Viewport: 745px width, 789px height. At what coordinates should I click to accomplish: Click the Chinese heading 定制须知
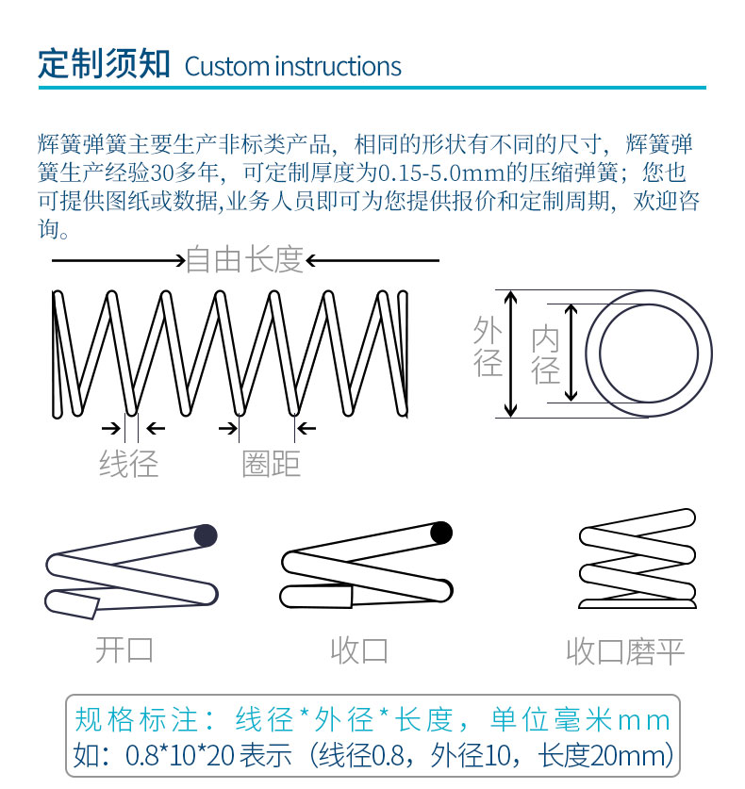click(x=104, y=65)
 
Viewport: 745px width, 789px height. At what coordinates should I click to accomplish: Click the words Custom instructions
click(x=293, y=67)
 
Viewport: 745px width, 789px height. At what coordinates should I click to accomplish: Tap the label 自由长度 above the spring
click(x=245, y=259)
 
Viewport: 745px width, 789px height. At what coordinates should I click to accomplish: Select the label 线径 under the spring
click(x=129, y=464)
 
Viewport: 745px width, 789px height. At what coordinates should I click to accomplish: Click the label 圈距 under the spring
click(x=271, y=464)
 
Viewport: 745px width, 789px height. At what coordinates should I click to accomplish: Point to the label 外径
click(x=488, y=347)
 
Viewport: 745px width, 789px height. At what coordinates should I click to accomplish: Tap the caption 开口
click(x=124, y=649)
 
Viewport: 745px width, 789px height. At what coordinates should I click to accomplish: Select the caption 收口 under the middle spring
click(x=359, y=649)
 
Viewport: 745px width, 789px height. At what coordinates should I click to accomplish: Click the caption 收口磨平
click(x=624, y=651)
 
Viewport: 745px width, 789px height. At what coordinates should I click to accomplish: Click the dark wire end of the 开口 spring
click(x=205, y=535)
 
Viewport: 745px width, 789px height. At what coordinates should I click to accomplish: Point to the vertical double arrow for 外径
click(x=511, y=353)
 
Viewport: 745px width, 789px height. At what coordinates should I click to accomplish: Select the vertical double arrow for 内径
click(x=570, y=353)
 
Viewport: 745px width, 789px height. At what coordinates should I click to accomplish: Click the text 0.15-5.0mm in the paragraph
click(x=440, y=173)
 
